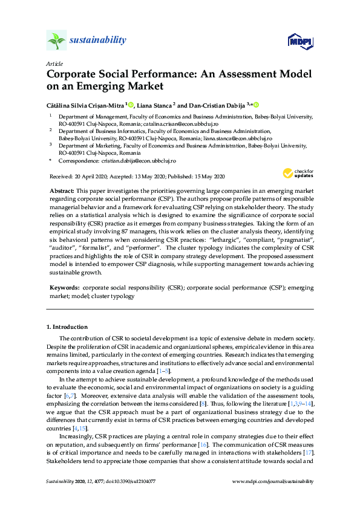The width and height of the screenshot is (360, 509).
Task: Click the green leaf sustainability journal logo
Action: click(56, 40)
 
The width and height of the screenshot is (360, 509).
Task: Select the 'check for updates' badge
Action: click(298, 173)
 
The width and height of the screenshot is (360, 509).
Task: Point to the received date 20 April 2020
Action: click(88, 177)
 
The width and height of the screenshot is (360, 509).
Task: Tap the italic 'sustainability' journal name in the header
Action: click(98, 41)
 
